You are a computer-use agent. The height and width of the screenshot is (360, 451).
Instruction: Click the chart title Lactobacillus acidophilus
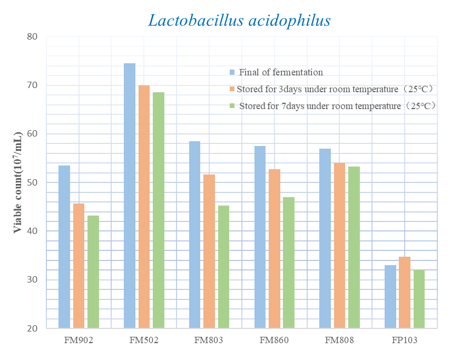tap(239, 21)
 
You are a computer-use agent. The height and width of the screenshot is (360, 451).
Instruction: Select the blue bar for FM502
tap(130, 196)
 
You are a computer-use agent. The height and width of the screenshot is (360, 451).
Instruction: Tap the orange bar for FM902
tap(79, 266)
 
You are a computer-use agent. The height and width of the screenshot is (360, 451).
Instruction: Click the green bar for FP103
tap(419, 299)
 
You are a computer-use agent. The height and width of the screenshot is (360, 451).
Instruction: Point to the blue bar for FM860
tap(260, 237)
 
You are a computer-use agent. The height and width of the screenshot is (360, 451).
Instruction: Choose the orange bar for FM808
tap(340, 245)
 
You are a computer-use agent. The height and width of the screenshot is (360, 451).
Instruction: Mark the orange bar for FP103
tap(405, 292)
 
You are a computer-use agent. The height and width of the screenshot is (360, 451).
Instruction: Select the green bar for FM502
tap(159, 210)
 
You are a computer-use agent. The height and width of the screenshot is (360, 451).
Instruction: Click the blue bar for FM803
tap(194, 235)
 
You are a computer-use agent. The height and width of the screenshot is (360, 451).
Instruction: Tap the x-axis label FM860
tap(274, 340)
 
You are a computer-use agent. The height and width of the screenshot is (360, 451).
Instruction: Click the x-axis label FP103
tap(405, 340)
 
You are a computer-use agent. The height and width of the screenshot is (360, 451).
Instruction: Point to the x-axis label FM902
tap(79, 340)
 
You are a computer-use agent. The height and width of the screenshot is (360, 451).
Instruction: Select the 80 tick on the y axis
tap(32, 37)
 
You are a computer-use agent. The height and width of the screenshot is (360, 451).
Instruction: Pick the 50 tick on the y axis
tap(32, 182)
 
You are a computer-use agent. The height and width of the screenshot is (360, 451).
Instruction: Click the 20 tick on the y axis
tap(32, 328)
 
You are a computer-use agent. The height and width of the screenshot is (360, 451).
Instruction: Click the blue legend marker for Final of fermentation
tap(232, 72)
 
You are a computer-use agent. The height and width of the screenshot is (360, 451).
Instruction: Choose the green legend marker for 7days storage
tap(232, 106)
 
